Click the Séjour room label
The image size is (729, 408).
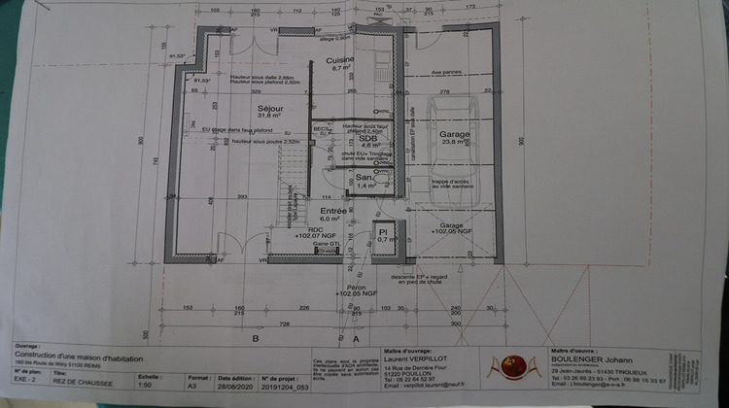coord(269,109)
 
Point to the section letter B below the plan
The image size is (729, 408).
coord(255,339)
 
